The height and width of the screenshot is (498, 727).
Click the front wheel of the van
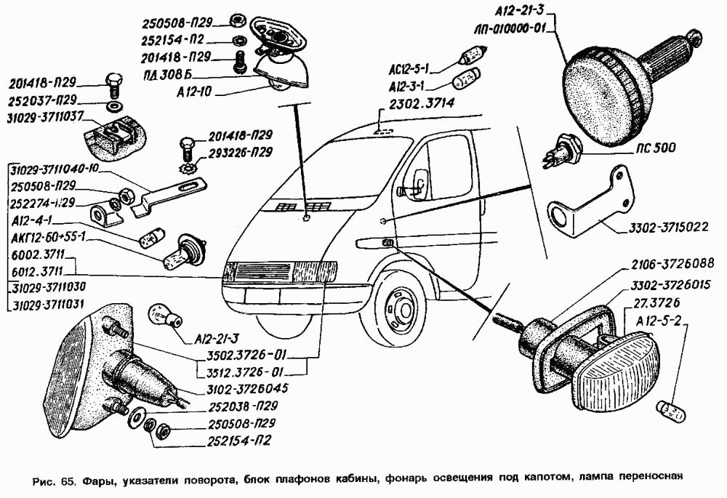(x=397, y=305)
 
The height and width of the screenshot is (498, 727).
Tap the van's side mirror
(x=420, y=182)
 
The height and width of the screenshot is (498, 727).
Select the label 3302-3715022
(x=665, y=227)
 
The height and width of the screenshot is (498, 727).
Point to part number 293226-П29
(x=241, y=153)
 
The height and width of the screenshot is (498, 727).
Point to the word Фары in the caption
(x=97, y=481)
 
